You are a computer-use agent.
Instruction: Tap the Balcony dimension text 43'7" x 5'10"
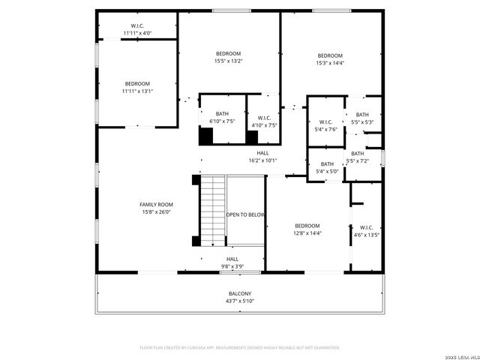(x=240, y=301)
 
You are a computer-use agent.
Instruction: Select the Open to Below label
(x=246, y=214)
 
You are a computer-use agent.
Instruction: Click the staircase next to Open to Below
(x=213, y=210)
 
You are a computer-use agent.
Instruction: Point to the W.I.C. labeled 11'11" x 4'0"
(x=137, y=29)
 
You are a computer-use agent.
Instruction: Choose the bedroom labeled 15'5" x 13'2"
(x=229, y=57)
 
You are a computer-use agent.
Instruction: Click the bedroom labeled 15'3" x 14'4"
(x=330, y=59)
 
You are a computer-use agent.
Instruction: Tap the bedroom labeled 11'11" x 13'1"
(x=137, y=87)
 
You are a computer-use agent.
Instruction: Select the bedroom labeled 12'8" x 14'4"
(x=307, y=229)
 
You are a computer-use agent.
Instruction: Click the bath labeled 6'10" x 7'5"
(x=222, y=117)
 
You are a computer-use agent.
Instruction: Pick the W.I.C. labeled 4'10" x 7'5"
(x=264, y=121)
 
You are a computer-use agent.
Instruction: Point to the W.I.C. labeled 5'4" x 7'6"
(x=326, y=125)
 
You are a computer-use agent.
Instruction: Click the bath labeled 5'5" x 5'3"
(x=362, y=118)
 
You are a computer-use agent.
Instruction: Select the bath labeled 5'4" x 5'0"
(x=327, y=167)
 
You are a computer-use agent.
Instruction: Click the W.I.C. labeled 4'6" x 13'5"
(x=366, y=231)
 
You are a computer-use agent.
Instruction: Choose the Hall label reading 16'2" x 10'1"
(x=262, y=156)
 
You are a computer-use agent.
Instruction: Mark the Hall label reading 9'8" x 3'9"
(x=232, y=262)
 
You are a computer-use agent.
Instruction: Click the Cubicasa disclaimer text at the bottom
(x=240, y=347)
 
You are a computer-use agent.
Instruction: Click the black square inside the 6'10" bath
(x=205, y=136)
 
